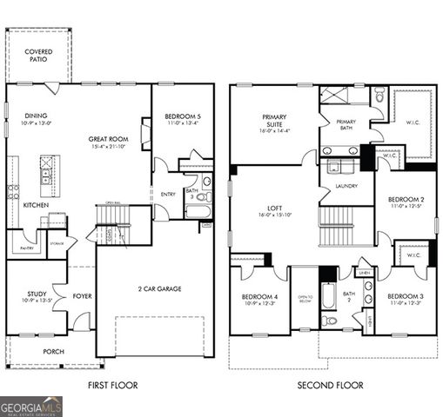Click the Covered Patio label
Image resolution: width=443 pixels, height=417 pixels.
[x=37, y=56]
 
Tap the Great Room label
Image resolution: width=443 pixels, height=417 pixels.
[x=108, y=142]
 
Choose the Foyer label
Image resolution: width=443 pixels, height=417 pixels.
[x=82, y=295]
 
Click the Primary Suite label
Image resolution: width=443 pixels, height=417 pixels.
[x=275, y=121]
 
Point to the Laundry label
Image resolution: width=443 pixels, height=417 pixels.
[x=346, y=185]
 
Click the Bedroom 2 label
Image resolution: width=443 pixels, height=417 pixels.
[x=405, y=201]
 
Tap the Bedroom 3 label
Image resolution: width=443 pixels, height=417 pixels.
[x=405, y=298]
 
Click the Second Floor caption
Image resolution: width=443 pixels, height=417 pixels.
[x=330, y=385]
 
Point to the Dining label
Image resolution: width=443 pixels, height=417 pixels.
[x=36, y=119]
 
